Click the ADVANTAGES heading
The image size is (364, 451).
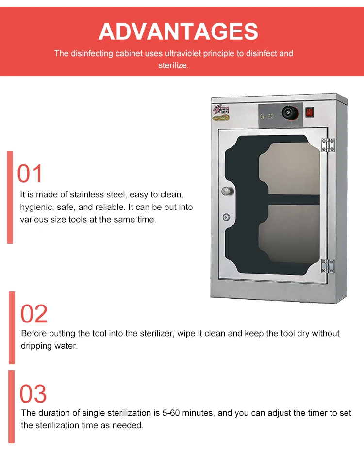pos(178,32)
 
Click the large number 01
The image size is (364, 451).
pos(30,174)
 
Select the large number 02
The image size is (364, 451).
pos(34,314)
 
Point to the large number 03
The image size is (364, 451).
pos(33,393)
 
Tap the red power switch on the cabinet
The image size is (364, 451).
pos(310,113)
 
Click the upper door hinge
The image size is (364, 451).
pos(328,145)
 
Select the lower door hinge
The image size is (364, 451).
pos(328,266)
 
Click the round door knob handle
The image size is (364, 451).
pos(226,191)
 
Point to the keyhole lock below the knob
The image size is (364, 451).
pos(226,218)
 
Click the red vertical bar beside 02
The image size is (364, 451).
pos(12,327)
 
